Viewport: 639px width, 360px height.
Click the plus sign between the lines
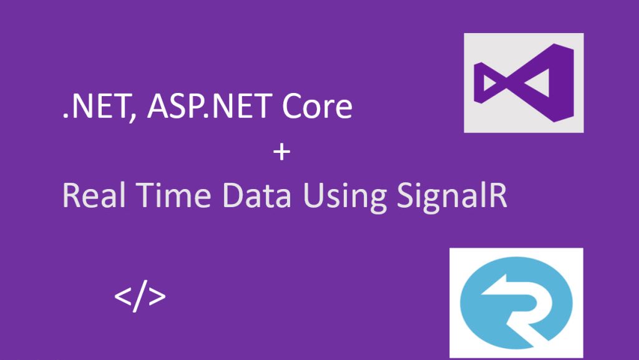click(x=282, y=152)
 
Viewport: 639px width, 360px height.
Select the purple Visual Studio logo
click(x=523, y=83)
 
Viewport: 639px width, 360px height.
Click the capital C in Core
click(x=293, y=107)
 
